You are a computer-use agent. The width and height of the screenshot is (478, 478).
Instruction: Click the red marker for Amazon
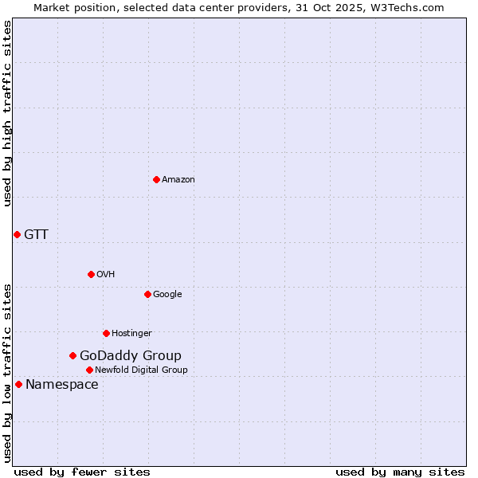click(156, 179)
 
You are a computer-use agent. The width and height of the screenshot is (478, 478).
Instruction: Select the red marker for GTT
click(17, 234)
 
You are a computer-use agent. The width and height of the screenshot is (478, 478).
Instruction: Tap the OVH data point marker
click(91, 274)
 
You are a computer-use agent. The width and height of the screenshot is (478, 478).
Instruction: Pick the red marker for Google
click(147, 294)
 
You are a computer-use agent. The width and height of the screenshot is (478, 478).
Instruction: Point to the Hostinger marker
click(106, 333)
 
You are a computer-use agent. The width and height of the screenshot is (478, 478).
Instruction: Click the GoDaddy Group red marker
click(72, 355)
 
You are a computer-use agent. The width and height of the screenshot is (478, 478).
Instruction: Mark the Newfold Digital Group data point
click(89, 370)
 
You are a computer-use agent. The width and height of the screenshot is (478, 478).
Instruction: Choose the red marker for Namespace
click(18, 384)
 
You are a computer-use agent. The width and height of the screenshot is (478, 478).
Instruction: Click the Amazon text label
click(178, 180)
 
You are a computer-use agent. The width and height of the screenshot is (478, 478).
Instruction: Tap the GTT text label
click(36, 234)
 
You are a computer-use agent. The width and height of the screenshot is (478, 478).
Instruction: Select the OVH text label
click(106, 275)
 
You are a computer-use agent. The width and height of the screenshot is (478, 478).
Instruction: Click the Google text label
click(167, 295)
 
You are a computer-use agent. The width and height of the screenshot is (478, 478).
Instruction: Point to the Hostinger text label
click(131, 334)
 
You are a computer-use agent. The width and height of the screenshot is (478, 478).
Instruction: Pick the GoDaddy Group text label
click(131, 356)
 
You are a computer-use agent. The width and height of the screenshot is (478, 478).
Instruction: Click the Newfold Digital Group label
click(141, 370)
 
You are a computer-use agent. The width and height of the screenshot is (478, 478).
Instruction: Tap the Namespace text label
click(62, 385)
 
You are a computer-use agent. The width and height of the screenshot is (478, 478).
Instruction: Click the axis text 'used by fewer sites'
click(82, 472)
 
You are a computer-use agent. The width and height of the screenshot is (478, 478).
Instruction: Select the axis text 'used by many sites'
click(400, 472)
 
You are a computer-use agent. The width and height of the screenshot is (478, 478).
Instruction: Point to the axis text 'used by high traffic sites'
click(7, 114)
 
